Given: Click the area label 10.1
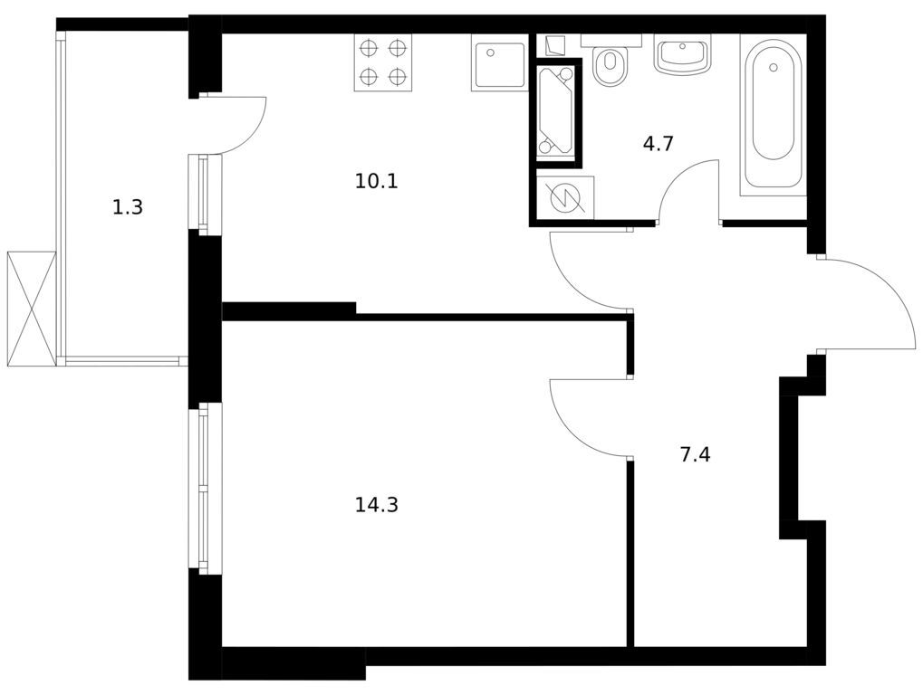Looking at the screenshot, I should click(x=377, y=181).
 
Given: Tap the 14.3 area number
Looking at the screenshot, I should click(x=377, y=505).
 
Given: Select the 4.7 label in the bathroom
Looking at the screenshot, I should click(x=658, y=144).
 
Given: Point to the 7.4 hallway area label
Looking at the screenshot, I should click(x=695, y=454).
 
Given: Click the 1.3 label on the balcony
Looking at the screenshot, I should click(x=128, y=207).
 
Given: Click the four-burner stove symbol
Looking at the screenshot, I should click(x=382, y=62).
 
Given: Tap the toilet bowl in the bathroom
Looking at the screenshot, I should click(x=611, y=65).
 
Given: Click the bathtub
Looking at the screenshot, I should click(x=774, y=113).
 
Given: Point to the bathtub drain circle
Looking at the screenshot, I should click(x=774, y=67).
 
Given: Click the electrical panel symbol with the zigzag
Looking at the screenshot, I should click(x=565, y=197).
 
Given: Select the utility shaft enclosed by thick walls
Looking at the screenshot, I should click(x=556, y=113).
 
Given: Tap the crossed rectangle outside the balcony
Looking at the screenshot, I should click(x=31, y=309).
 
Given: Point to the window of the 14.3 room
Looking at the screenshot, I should click(x=204, y=489).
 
